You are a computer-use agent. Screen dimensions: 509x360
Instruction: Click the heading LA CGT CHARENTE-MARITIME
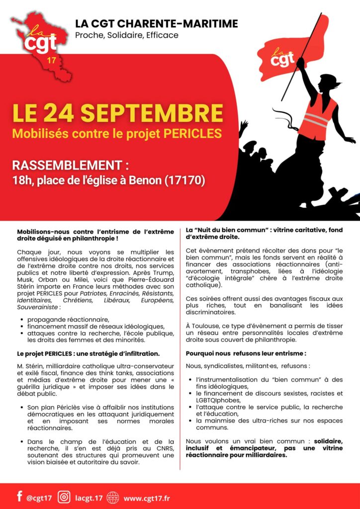156,23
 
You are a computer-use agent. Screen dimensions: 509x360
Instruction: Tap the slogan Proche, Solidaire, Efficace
126,35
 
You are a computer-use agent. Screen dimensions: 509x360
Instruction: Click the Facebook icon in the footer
20,496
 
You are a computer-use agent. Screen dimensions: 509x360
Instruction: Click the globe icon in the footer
113,497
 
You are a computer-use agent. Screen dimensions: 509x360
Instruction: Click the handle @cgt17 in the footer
39,497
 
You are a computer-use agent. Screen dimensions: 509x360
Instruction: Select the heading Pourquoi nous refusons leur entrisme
246,353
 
